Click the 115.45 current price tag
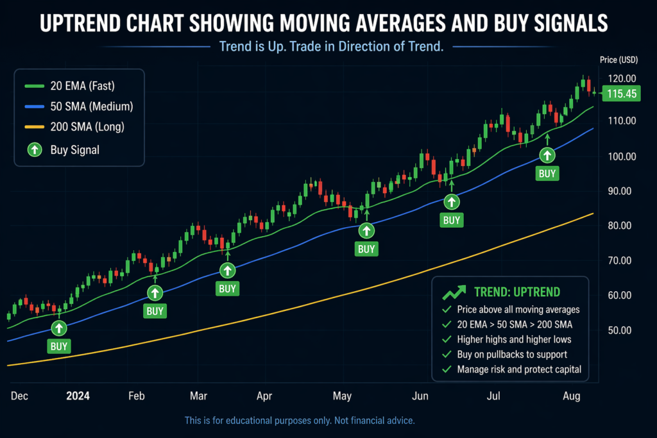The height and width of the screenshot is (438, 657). [622, 94]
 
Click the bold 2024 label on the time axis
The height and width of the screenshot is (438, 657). [78, 396]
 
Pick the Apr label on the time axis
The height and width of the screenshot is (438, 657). [265, 396]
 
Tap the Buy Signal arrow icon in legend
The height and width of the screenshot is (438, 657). [32, 150]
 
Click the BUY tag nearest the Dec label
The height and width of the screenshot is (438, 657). [59, 346]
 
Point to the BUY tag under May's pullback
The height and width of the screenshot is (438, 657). [366, 249]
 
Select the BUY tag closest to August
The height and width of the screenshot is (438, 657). [547, 173]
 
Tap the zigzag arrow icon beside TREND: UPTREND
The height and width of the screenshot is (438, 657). [454, 292]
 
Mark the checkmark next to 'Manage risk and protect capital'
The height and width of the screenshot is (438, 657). [447, 369]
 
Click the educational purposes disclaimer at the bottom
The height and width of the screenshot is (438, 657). [300, 421]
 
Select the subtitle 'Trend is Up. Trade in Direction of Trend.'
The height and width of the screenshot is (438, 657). [331, 47]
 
